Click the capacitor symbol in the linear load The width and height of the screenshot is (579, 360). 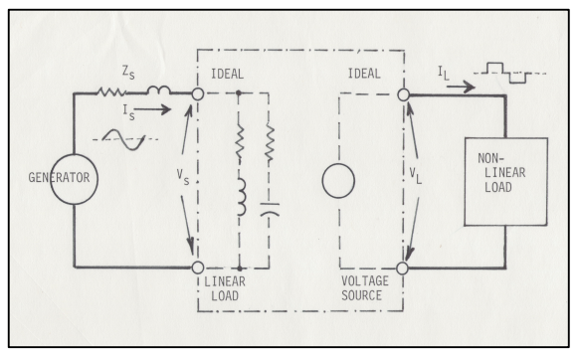coord(270,210)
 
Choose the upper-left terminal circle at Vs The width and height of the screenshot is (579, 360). coord(198,94)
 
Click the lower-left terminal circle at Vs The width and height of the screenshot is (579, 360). coord(198,268)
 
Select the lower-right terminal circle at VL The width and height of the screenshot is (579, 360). coord(404,268)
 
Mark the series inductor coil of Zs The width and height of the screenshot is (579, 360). coord(158,92)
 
